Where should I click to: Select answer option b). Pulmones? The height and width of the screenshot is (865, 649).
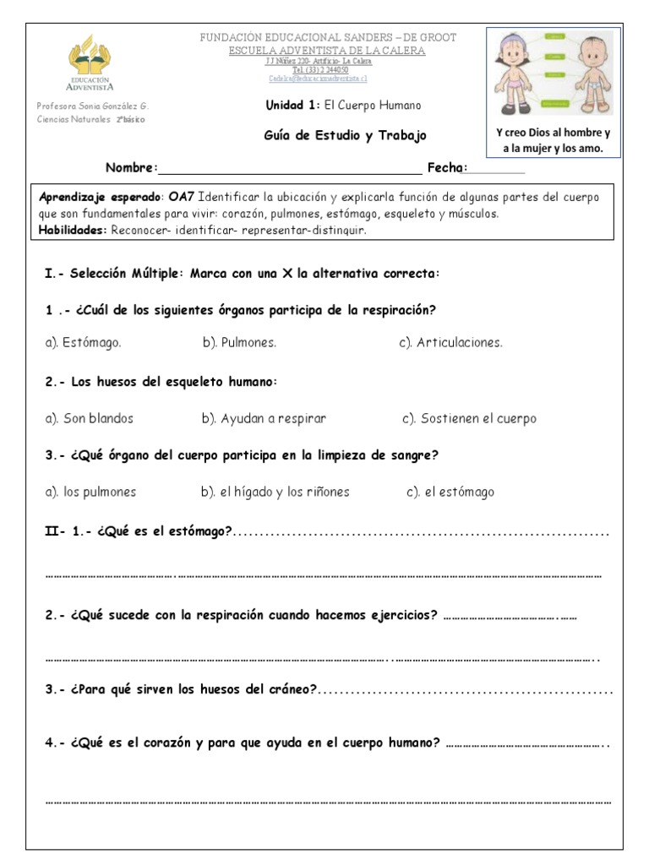coord(239,343)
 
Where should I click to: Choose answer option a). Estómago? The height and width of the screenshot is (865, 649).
coord(83,343)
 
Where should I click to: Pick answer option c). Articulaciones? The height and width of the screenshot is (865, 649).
coord(450,343)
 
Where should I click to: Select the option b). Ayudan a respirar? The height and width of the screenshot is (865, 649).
coord(264,418)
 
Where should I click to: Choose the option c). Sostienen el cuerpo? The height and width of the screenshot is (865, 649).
coord(469,418)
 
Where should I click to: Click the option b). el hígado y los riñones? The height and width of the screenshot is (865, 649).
coord(275,492)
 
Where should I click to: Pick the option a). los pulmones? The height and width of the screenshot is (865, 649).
coord(90,492)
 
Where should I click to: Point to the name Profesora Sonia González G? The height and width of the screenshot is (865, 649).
coord(93,106)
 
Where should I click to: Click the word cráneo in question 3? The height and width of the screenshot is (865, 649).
coord(291,690)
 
